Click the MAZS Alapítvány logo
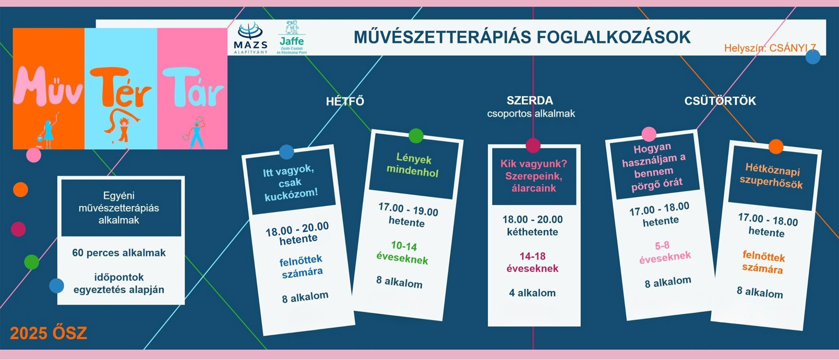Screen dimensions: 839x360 coord(251,39)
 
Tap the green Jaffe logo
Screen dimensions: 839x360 coord(292,38)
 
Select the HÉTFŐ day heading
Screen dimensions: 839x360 coord(345,101)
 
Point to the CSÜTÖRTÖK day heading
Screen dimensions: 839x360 coord(720,101)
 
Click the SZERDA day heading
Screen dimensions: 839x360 coord(530,100)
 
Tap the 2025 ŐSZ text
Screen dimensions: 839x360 coord(48,333)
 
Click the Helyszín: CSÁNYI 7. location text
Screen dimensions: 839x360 coord(770,48)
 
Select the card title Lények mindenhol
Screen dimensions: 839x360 coord(413,166)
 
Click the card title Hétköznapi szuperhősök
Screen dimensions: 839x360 coord(772,175)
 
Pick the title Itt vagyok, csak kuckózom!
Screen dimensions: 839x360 coord(290,182)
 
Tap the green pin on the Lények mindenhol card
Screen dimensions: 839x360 coord(416,136)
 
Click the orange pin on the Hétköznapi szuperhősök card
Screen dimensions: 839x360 coord(776,146)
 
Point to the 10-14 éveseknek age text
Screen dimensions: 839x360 coord(403,252)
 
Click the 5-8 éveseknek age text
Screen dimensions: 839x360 coord(664,252)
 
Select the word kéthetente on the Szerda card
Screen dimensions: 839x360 coord(532,232)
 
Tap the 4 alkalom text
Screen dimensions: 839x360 coord(532,293)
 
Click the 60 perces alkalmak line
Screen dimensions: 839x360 coord(119,253)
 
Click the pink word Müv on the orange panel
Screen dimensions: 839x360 coord(48,87)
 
